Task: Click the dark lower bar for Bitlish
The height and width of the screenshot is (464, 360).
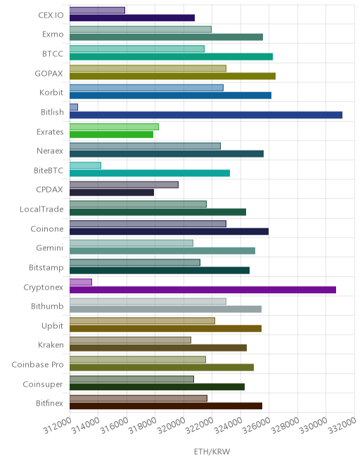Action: click(206, 115)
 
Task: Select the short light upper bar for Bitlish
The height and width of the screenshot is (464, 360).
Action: click(74, 107)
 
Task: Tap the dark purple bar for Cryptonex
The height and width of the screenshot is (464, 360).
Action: click(202, 290)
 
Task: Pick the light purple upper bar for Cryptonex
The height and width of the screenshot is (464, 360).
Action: click(81, 282)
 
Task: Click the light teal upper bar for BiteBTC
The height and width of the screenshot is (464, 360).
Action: click(85, 165)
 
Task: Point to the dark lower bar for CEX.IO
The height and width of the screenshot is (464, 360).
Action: click(132, 18)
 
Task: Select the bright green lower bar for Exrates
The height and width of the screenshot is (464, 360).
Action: click(111, 134)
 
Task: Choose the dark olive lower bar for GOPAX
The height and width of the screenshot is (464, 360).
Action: click(172, 76)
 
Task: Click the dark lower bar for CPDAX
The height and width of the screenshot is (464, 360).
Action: click(112, 193)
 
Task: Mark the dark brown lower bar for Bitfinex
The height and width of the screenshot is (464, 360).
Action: click(166, 406)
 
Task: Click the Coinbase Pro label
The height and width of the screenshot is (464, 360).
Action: click(37, 365)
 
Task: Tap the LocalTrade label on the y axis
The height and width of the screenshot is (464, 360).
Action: click(41, 210)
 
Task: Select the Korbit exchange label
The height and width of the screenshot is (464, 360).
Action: click(51, 93)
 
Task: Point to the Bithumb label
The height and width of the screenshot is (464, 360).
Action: click(47, 306)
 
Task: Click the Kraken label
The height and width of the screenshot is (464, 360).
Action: click(51, 345)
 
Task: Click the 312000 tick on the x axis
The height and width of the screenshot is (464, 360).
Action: click(58, 425)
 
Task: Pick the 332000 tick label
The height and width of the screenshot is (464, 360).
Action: click(342, 425)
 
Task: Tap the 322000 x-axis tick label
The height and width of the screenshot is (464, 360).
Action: click(200, 425)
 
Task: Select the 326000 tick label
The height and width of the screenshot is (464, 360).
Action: click(257, 425)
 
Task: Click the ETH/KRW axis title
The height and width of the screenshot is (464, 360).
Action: click(212, 451)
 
